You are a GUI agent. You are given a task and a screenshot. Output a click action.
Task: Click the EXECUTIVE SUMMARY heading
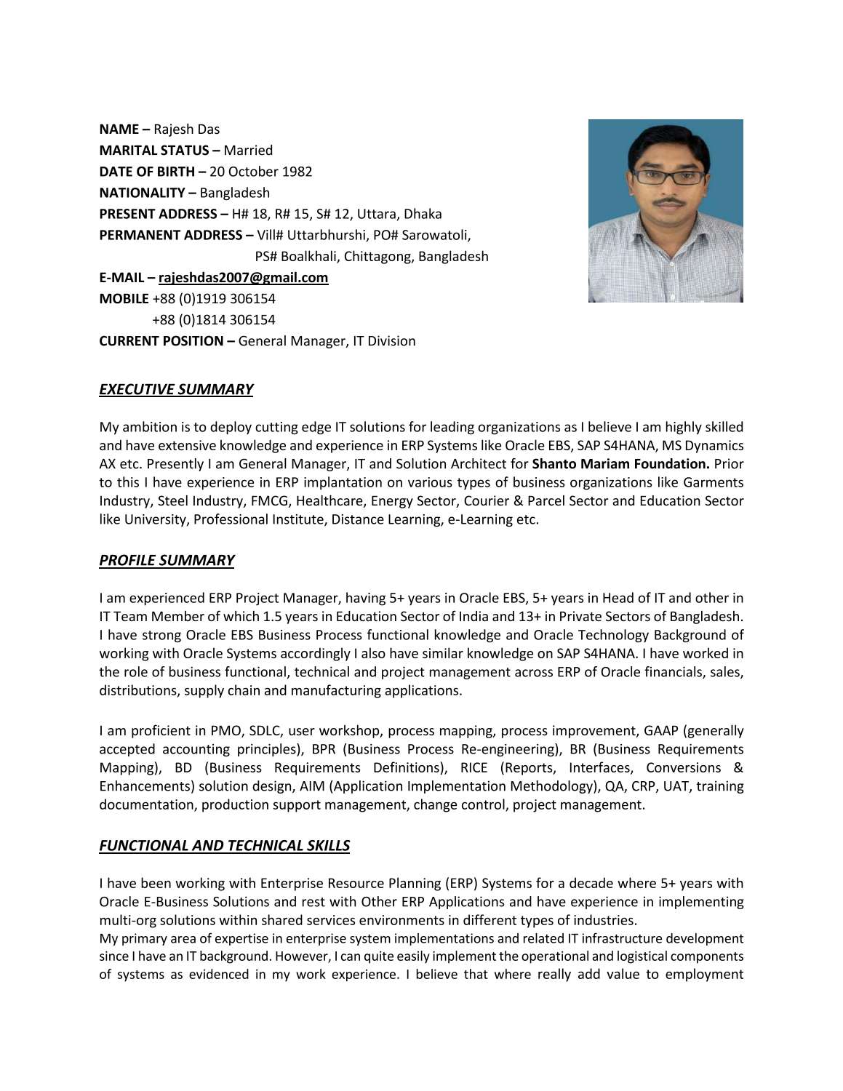[x=176, y=389]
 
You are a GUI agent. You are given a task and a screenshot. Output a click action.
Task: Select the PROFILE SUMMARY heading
[x=167, y=560]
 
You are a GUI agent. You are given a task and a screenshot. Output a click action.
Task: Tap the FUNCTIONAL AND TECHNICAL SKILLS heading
[x=224, y=845]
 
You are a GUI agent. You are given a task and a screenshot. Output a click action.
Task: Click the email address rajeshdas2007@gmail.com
[x=243, y=277]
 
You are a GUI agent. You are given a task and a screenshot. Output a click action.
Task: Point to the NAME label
[x=119, y=129]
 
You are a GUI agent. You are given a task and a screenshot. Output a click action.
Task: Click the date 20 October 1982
[x=260, y=172]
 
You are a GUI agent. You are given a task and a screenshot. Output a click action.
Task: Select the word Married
[x=248, y=151]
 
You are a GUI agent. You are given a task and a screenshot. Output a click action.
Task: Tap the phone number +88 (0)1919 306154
[x=213, y=298]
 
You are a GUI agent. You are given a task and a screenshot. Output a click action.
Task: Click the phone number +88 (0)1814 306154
[x=213, y=319]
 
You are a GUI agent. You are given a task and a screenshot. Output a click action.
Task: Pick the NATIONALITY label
[x=142, y=193]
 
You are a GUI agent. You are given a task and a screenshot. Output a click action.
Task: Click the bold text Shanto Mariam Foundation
[x=620, y=464]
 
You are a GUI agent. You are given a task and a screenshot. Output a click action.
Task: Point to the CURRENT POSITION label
[x=161, y=341]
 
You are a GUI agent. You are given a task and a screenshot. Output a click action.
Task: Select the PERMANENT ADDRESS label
[x=170, y=235]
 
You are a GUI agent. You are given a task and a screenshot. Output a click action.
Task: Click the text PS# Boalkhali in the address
[x=297, y=256]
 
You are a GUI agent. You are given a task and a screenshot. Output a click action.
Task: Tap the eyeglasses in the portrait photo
[x=668, y=177]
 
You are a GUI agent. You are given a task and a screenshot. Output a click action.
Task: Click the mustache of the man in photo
[x=668, y=201]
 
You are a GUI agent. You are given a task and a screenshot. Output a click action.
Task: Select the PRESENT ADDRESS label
[x=158, y=214]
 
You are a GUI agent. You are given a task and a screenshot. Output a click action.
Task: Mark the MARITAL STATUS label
[x=154, y=151]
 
